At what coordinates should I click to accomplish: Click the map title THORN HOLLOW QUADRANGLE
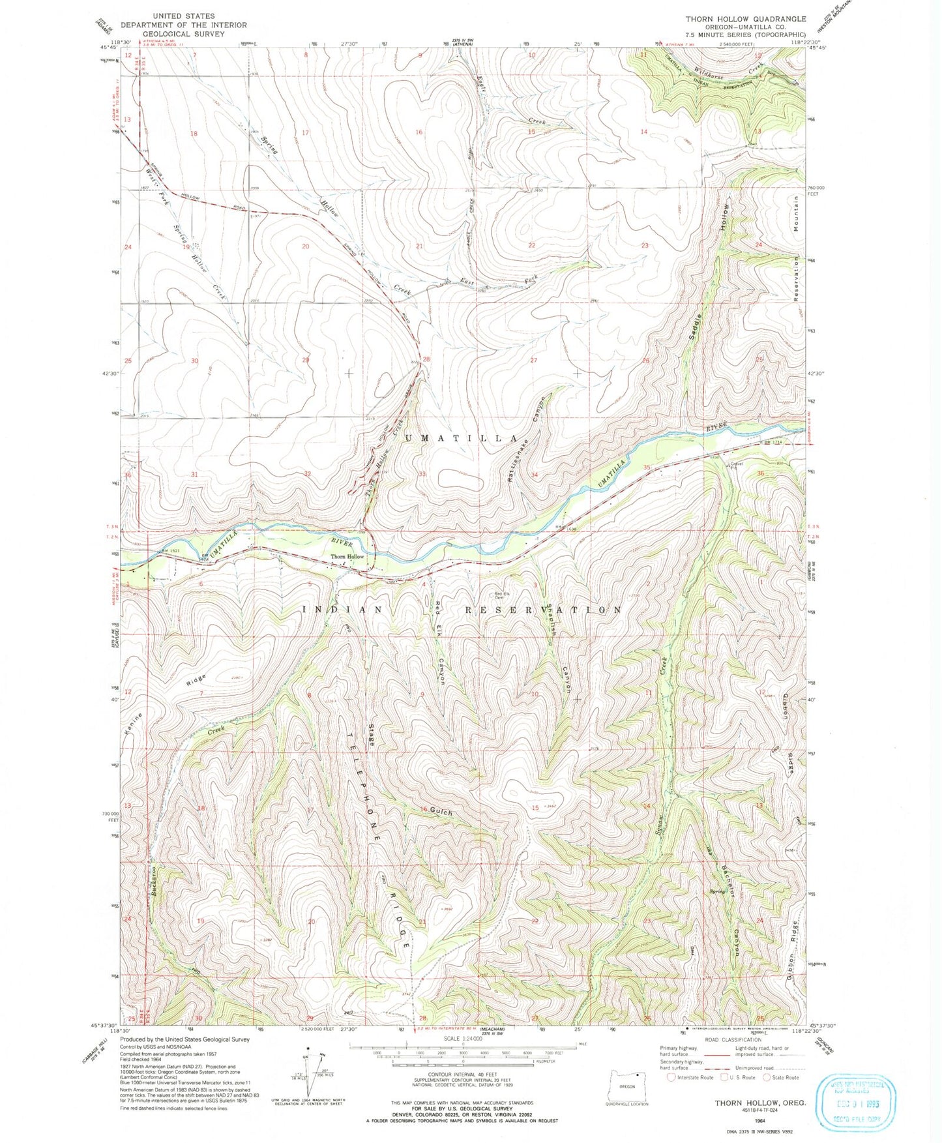tap(746, 19)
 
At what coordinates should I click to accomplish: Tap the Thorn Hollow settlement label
tap(347, 557)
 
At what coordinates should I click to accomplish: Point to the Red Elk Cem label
tap(503, 595)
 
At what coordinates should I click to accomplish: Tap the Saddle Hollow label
tap(710, 274)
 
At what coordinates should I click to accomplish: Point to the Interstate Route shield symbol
tap(671, 1077)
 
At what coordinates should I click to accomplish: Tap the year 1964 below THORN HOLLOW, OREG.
tap(759, 1120)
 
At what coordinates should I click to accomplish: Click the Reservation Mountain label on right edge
tap(797, 247)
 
